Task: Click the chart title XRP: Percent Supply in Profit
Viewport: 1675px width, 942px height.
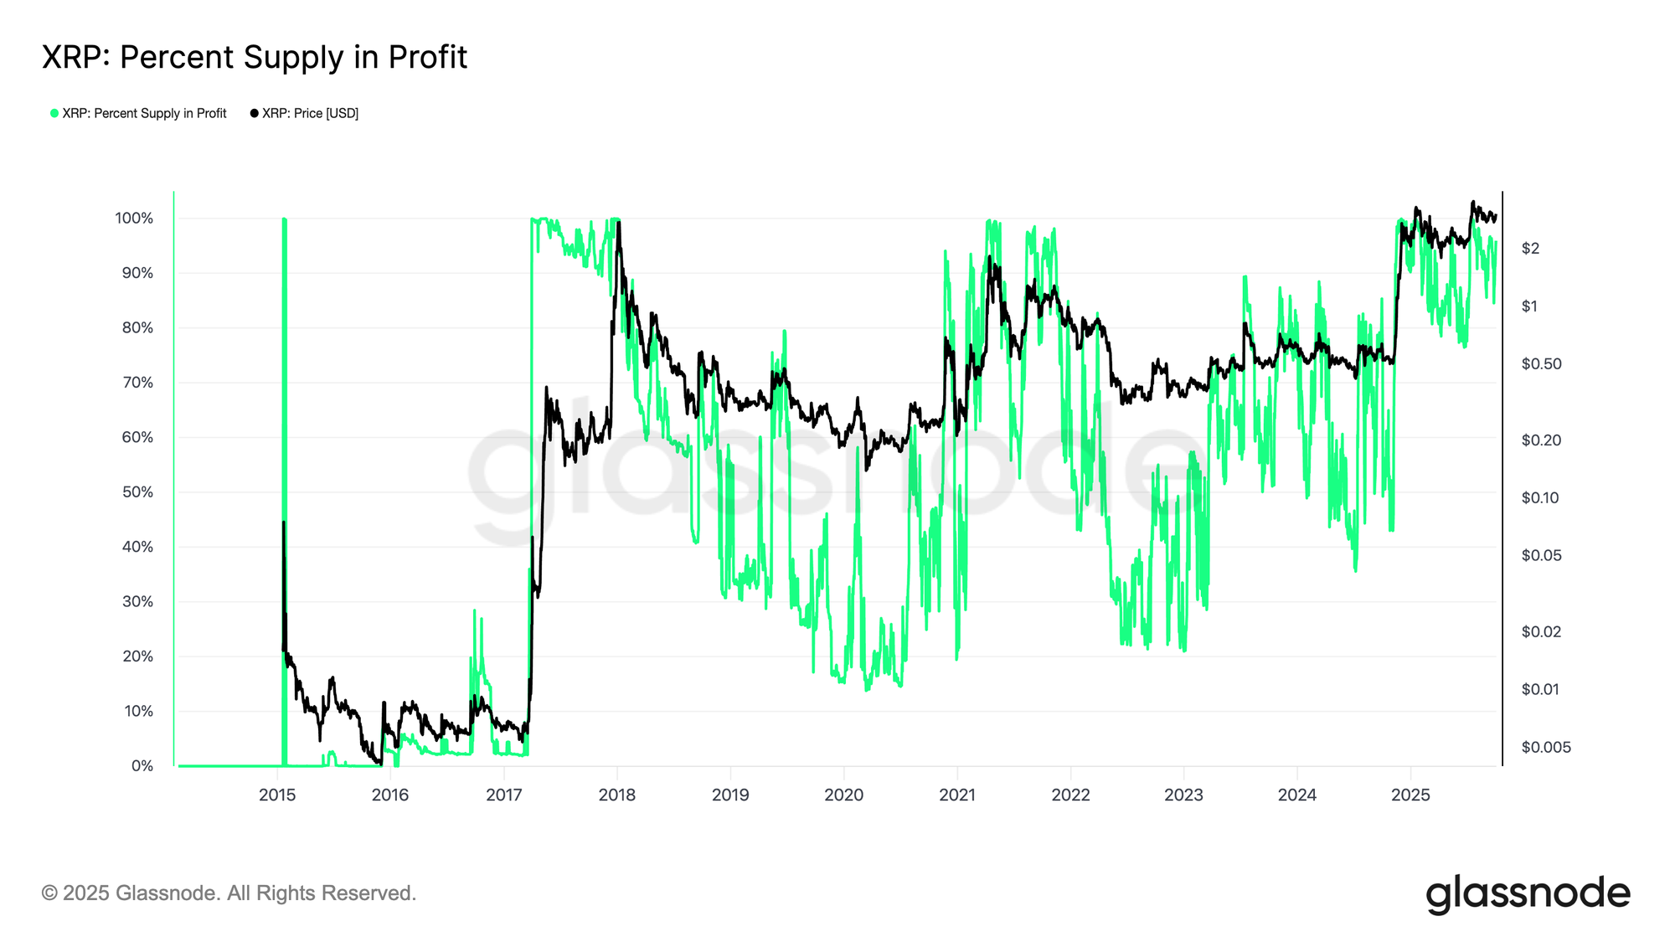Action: pyautogui.click(x=255, y=57)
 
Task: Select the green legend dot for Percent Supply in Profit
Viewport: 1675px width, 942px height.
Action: pyautogui.click(x=54, y=113)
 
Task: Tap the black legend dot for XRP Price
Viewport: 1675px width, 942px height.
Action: pyautogui.click(x=255, y=113)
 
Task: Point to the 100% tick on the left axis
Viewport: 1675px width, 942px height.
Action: pyautogui.click(x=134, y=219)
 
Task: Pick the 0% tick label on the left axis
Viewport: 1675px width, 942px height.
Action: pyautogui.click(x=142, y=766)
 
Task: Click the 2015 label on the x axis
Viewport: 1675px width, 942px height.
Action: pyautogui.click(x=277, y=795)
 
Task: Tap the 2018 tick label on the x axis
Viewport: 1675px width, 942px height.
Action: pyautogui.click(x=617, y=795)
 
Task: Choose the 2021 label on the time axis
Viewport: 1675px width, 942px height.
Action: pyautogui.click(x=957, y=795)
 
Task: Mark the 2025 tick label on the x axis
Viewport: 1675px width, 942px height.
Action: pyautogui.click(x=1410, y=795)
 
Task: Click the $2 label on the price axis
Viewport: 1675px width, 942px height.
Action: pyautogui.click(x=1530, y=248)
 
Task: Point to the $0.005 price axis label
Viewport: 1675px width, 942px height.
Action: pyautogui.click(x=1546, y=747)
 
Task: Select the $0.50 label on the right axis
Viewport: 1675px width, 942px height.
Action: pyautogui.click(x=1541, y=363)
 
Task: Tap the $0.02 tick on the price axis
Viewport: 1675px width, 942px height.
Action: pyautogui.click(x=1541, y=631)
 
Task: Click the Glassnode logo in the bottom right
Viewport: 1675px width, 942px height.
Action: pyautogui.click(x=1528, y=893)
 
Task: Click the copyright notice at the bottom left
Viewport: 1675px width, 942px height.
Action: pyautogui.click(x=229, y=893)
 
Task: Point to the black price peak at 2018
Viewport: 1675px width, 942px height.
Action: pyautogui.click(x=618, y=223)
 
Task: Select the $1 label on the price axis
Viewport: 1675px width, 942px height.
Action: pyautogui.click(x=1530, y=306)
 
